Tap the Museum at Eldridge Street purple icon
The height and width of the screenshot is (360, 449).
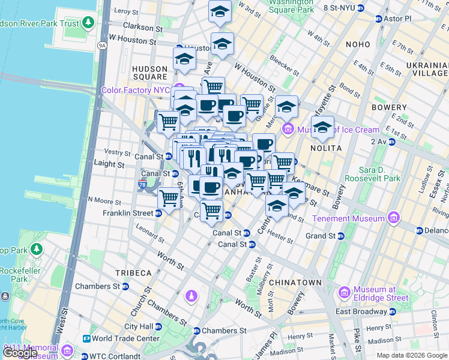coord(345,293)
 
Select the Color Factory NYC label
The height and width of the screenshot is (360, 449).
coord(136,90)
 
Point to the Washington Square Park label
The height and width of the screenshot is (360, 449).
coord(291,6)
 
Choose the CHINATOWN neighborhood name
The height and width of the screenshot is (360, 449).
coord(295,282)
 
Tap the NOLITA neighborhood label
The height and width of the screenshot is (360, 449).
coord(326,148)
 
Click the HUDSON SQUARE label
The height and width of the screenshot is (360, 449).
coord(150,73)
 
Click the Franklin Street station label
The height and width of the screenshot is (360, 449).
coord(128,213)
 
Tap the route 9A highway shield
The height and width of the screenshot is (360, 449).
coord(102,45)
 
